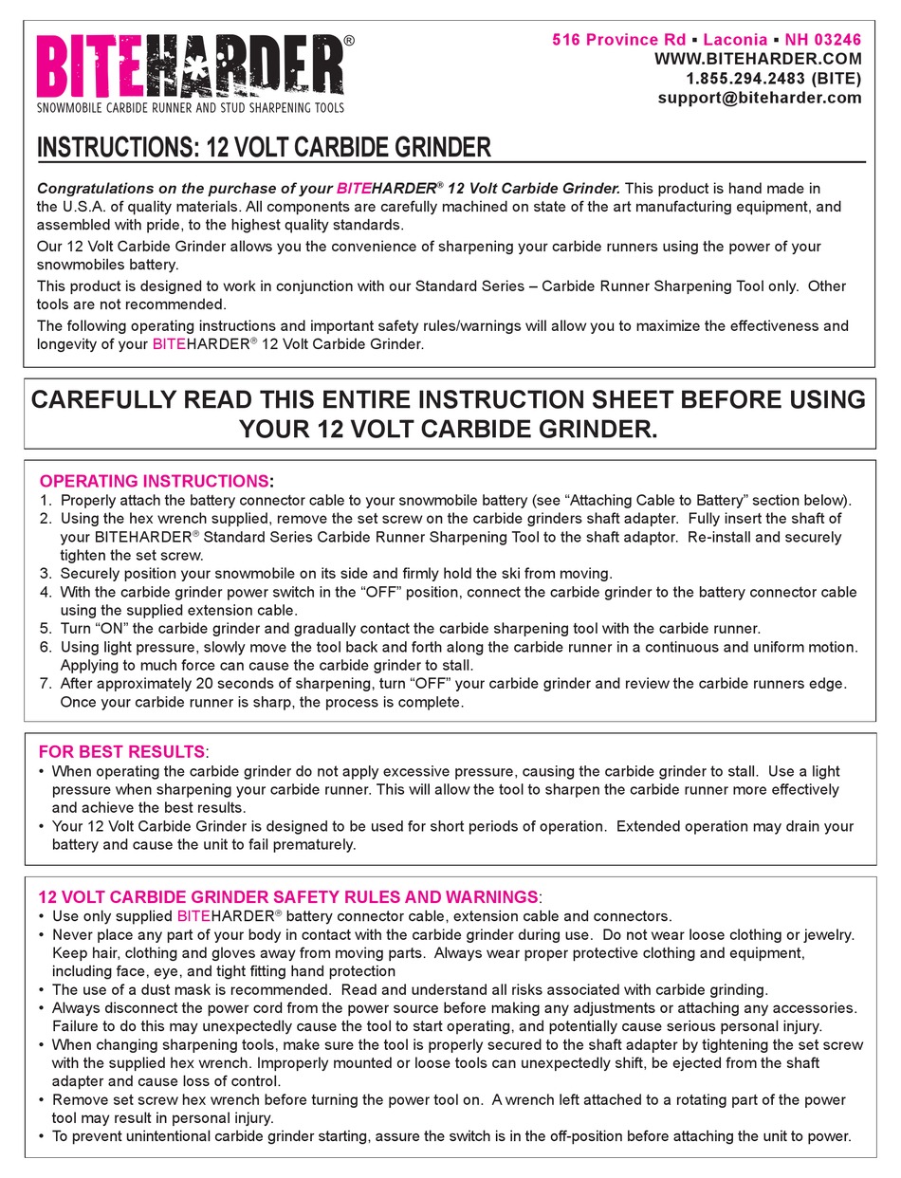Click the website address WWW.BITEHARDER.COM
coord(758,59)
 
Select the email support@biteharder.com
coord(760,98)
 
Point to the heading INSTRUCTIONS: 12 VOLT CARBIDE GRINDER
coord(264,148)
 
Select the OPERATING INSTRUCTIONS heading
coord(154,481)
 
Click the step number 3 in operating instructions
coord(45,574)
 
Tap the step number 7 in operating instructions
coord(45,684)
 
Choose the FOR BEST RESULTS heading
coord(121,752)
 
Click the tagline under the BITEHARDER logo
coord(190,108)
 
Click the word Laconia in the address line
coord(735,39)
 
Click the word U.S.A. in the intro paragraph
coord(87,207)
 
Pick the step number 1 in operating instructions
coord(45,501)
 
